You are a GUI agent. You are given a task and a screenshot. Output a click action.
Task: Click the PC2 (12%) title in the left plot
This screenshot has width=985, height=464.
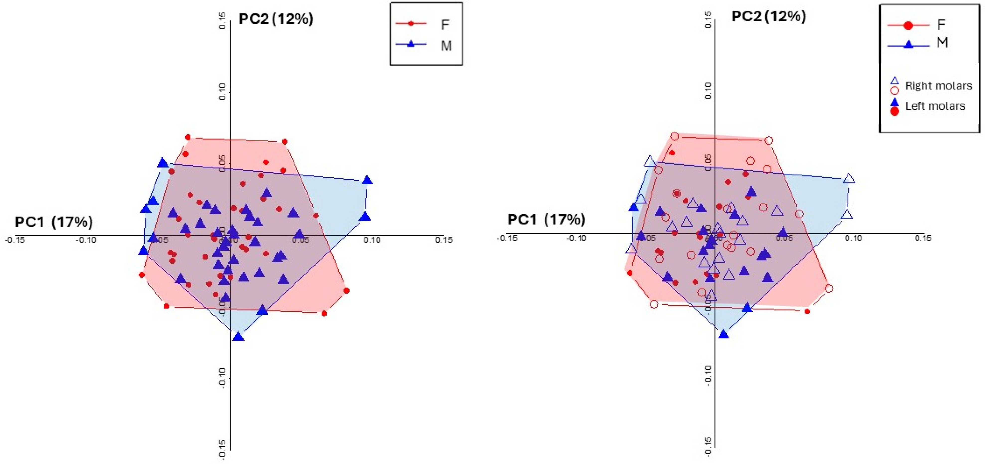pos(276,19)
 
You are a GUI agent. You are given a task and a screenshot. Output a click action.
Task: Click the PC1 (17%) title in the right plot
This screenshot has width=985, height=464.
pos(546,219)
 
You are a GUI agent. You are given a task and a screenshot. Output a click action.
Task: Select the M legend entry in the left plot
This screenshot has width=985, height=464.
pos(446,46)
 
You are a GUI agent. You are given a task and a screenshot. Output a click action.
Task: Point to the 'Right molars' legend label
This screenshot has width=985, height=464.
pos(938,86)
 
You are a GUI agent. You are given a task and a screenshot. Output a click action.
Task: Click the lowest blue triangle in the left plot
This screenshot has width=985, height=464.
pos(239,337)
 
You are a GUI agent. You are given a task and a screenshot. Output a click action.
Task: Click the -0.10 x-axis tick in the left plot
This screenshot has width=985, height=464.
pos(86,240)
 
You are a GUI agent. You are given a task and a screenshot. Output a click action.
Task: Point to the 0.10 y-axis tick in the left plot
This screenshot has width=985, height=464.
pos(222,92)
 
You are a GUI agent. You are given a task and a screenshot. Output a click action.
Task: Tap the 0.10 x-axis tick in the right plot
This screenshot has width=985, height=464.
pos(853,238)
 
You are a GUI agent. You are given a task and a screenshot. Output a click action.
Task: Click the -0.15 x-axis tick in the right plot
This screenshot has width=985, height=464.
pos(507,238)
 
